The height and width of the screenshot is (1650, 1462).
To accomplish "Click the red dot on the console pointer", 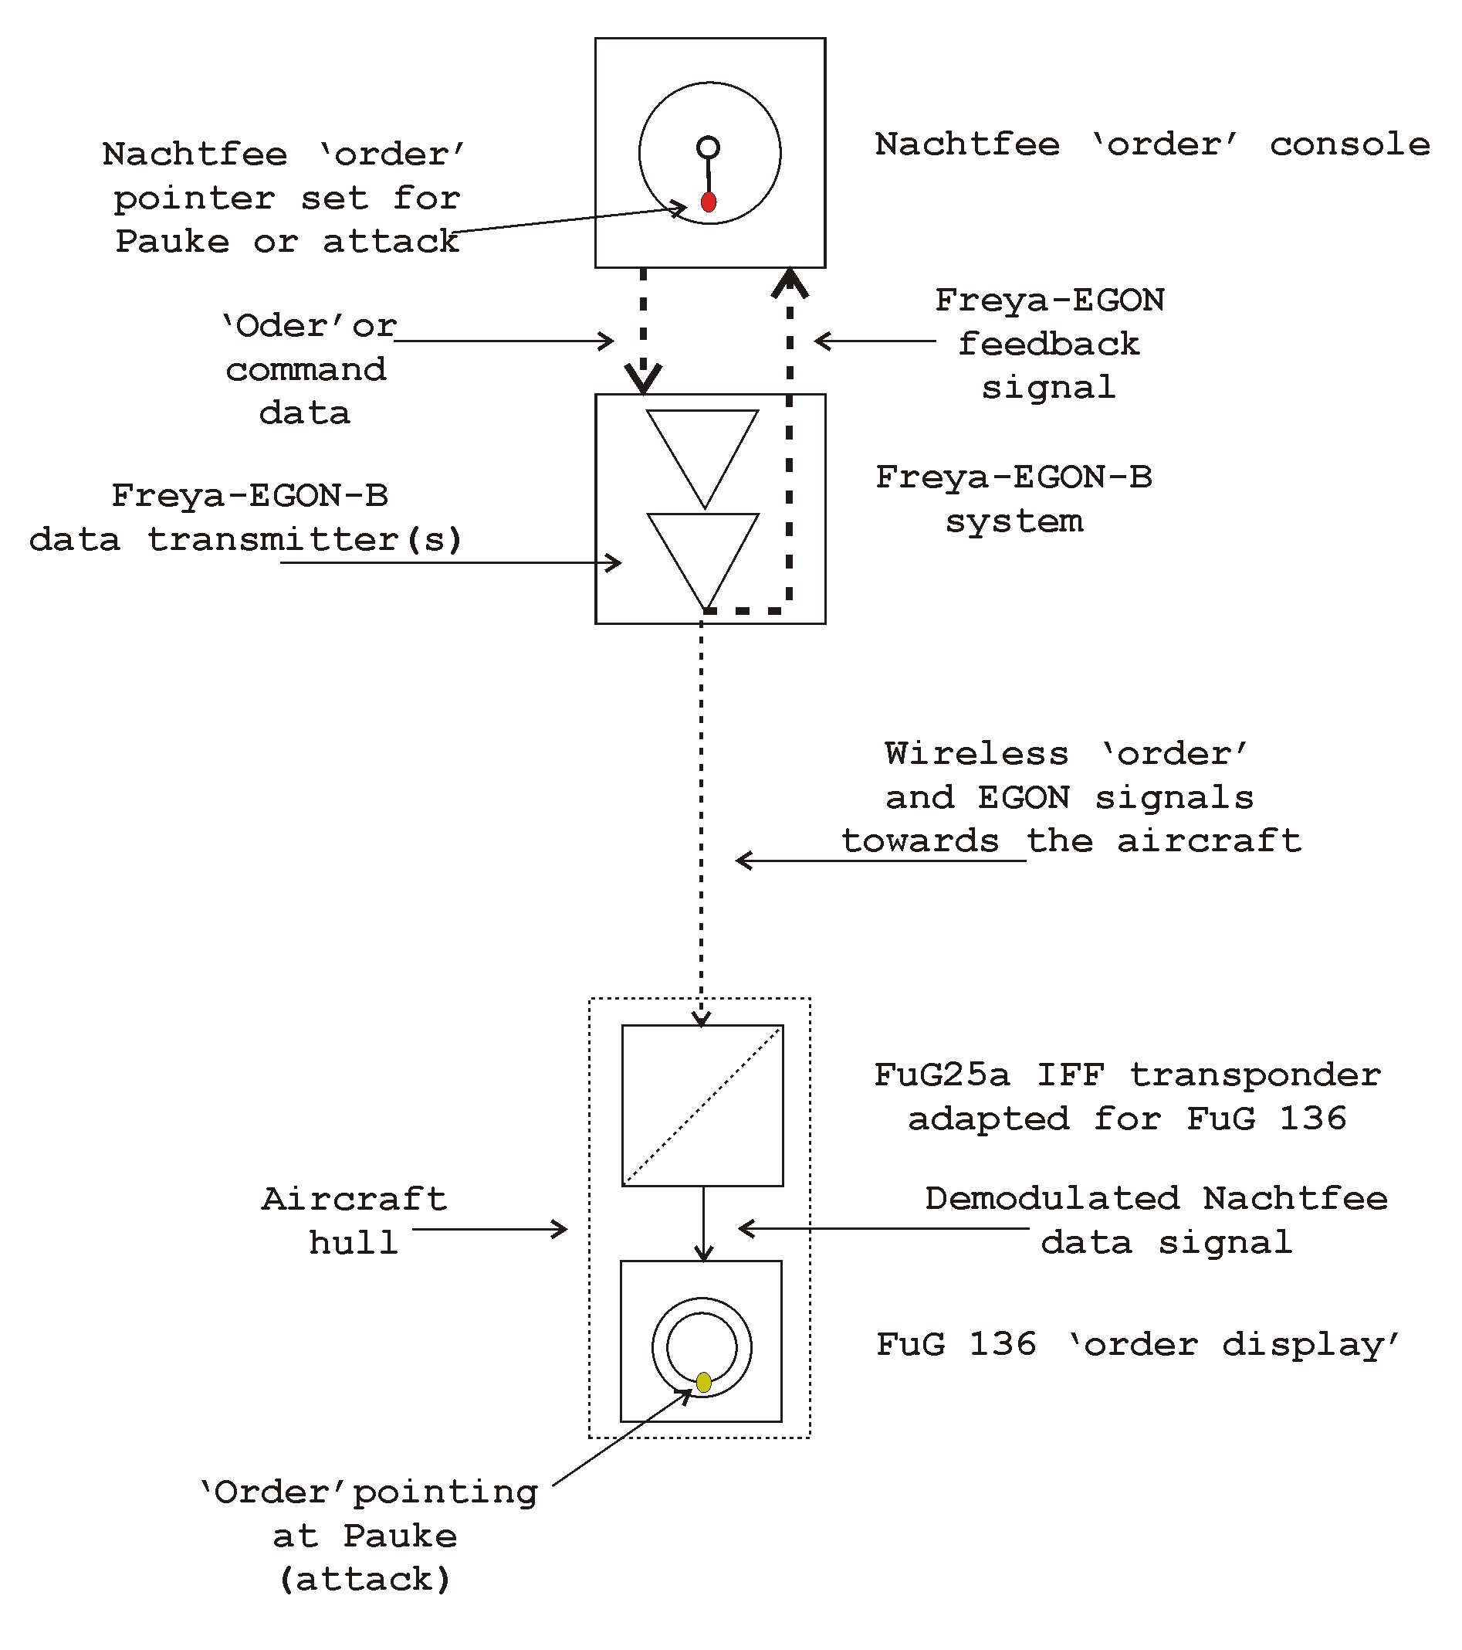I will (709, 202).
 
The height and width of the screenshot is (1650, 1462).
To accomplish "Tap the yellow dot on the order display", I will (703, 1382).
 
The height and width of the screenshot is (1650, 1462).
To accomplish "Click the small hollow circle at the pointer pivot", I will (708, 147).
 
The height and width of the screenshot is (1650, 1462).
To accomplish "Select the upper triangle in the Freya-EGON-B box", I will (702, 447).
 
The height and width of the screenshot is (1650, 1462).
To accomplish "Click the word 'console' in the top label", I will (1350, 145).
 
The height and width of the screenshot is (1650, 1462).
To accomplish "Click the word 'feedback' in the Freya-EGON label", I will (1049, 345).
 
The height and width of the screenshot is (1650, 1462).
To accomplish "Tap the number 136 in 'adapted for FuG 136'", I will (1313, 1119).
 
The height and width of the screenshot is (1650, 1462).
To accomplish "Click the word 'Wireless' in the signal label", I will (976, 754).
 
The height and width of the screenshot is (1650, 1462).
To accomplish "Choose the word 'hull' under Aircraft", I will (354, 1243).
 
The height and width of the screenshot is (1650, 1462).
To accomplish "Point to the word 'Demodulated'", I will (1052, 1199).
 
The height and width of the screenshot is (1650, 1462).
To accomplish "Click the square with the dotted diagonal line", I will (702, 1105).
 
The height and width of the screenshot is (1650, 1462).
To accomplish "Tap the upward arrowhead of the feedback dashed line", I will (790, 283).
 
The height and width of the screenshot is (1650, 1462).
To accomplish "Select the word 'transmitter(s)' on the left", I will (304, 539).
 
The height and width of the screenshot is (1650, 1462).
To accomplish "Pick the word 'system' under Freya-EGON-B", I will (1014, 521).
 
